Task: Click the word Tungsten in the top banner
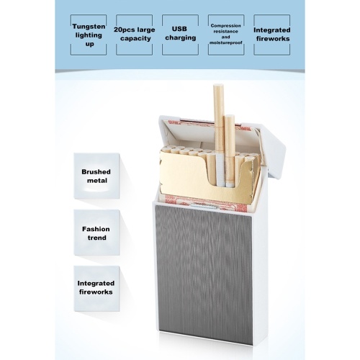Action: [89, 27]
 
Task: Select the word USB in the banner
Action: [179, 29]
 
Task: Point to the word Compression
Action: [225, 26]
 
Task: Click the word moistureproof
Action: [225, 42]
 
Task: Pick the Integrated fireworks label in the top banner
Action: [272, 35]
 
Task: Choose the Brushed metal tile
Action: [96, 176]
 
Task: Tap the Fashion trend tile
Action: [96, 233]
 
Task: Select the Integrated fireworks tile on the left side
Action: [96, 288]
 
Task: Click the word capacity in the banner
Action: [135, 39]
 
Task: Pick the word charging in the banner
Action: [181, 38]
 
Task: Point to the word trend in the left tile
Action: [96, 238]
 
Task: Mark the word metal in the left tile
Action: [97, 181]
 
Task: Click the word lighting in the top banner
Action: [89, 35]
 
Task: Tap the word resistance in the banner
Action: [225, 32]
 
